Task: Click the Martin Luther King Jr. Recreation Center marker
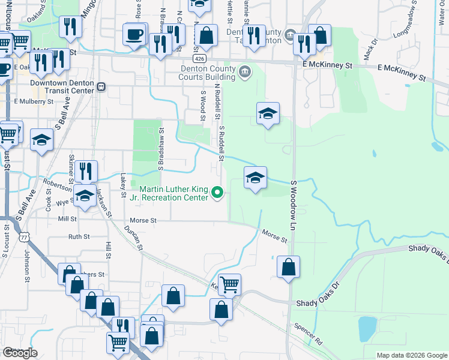218,193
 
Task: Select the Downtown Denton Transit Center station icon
101,86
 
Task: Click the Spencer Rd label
309,335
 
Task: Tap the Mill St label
68,220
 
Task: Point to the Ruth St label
79,237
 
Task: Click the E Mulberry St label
34,101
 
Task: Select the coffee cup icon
134,34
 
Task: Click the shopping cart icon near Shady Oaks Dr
229,284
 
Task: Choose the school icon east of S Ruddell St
255,178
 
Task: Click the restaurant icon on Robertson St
86,170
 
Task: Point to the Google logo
20,353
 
